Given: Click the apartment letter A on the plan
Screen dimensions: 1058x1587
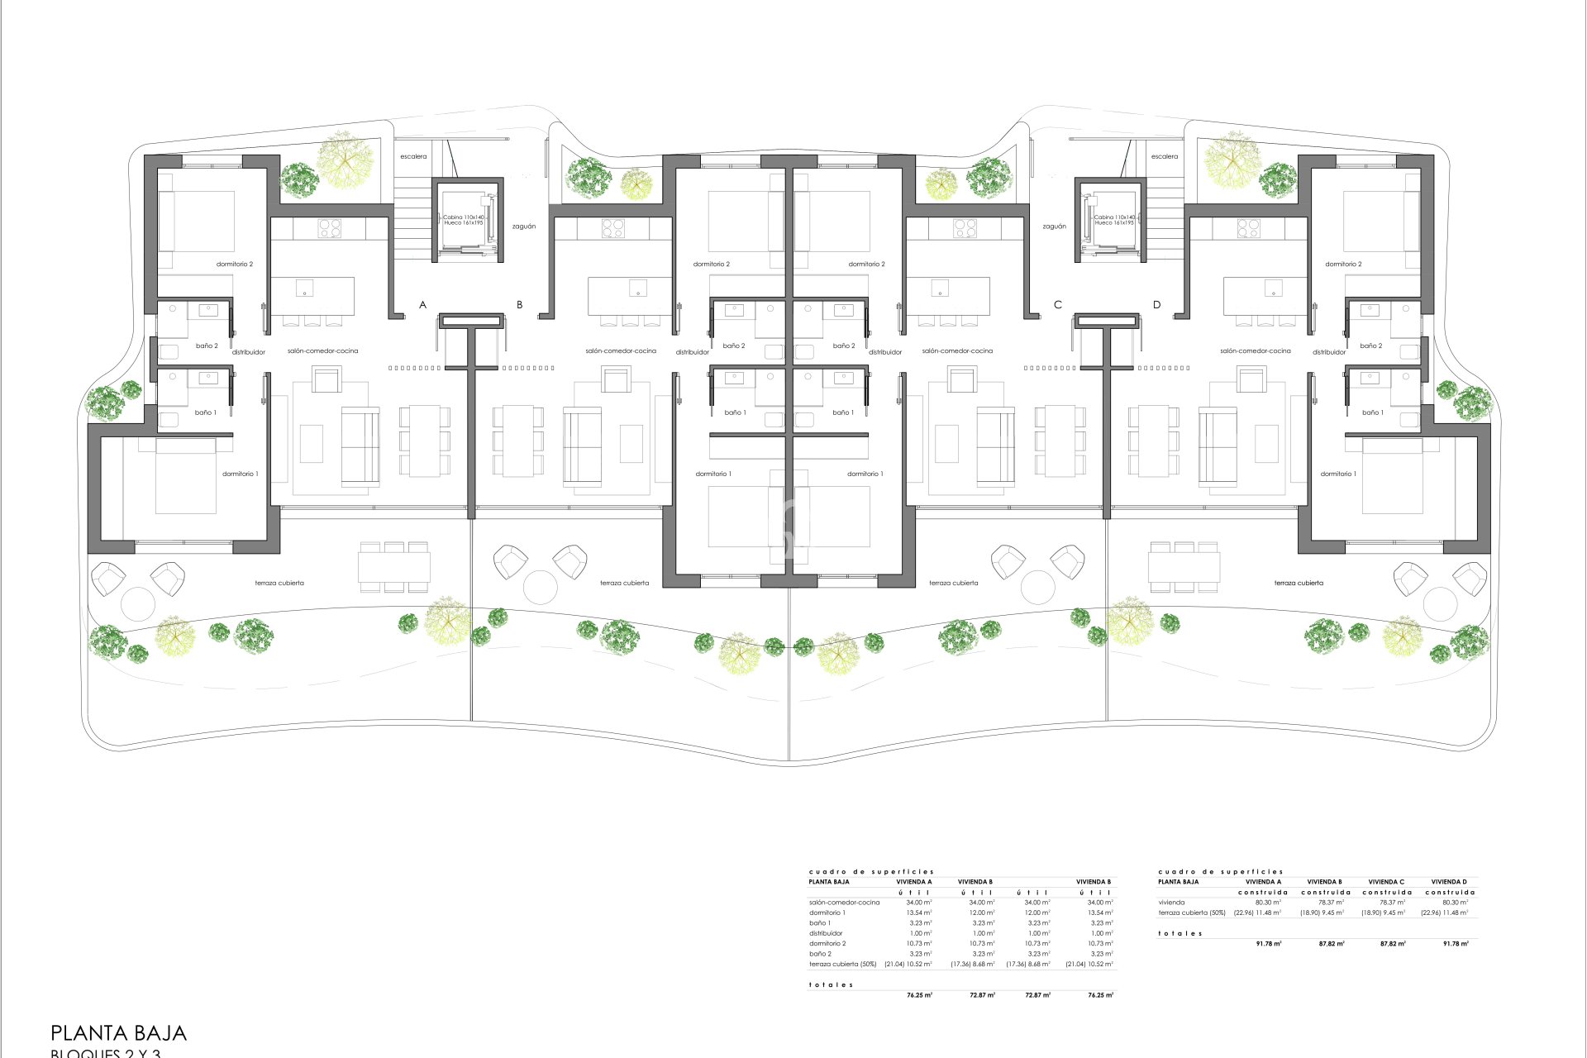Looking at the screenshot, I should click(x=422, y=305).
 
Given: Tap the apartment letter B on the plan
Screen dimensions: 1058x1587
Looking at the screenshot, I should click(x=519, y=305).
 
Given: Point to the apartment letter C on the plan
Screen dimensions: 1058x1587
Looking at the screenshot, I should click(x=1057, y=305).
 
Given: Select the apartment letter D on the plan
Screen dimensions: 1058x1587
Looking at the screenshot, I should click(x=1156, y=305).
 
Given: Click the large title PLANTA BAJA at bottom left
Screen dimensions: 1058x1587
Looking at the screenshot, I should click(x=119, y=1033).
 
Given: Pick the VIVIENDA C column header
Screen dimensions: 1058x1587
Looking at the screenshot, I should click(x=1386, y=882).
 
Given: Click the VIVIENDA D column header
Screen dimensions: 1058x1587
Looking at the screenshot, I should click(x=1449, y=882).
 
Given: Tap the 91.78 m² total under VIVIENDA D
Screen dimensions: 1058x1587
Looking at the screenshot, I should click(x=1456, y=943).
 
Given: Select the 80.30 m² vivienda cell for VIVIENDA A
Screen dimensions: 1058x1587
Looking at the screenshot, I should click(x=1268, y=903).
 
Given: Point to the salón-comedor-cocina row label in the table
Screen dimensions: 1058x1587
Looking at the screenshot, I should click(x=844, y=903).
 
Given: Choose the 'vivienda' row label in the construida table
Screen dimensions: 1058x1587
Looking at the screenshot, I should click(x=1171, y=903).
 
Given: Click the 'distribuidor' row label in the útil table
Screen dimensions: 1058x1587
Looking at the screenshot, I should click(x=826, y=933).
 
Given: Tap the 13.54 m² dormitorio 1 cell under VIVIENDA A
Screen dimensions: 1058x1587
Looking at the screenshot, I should click(x=918, y=913).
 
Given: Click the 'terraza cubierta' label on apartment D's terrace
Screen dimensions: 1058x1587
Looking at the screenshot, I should click(x=1299, y=583).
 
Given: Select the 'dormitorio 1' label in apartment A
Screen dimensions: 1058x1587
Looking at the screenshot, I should click(x=240, y=474).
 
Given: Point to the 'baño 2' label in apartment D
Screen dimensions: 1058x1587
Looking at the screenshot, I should click(x=1370, y=346).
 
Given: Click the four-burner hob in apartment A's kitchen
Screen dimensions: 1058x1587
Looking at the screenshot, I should click(x=329, y=227).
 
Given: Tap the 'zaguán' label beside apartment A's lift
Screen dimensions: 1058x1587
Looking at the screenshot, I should click(x=523, y=226).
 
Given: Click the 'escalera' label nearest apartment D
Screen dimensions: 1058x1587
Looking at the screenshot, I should click(x=1164, y=156).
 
